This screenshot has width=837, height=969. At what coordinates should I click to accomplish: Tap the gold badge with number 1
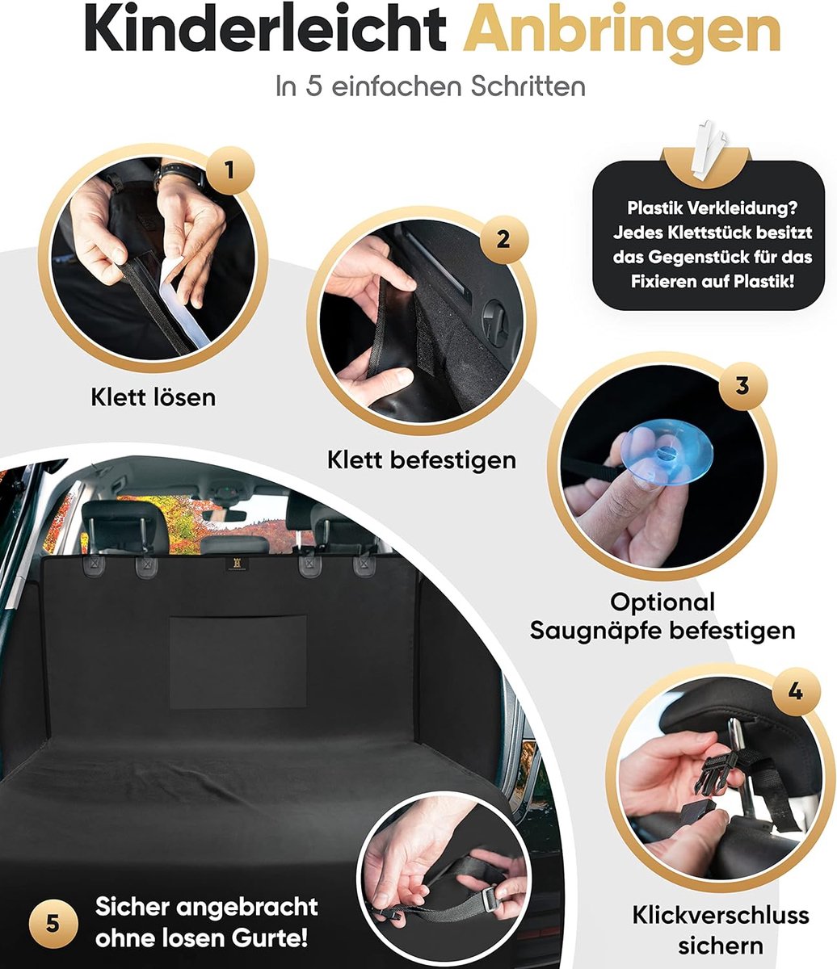(230, 170)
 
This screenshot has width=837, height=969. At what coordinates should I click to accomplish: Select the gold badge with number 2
(504, 240)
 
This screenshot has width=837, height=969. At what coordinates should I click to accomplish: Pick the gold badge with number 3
(742, 386)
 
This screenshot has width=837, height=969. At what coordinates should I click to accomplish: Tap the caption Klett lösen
(154, 397)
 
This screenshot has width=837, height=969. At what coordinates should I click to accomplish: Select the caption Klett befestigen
(421, 460)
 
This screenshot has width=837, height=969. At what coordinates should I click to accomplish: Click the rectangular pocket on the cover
(238, 662)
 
